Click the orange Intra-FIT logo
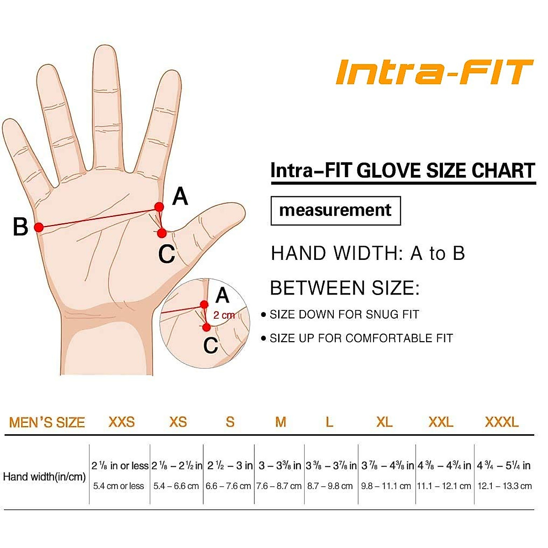click(434, 72)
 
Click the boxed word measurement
click(335, 210)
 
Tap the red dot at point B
click(39, 227)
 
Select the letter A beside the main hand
click(180, 197)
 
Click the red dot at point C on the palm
click(162, 233)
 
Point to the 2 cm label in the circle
click(224, 315)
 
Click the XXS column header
click(121, 422)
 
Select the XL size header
click(384, 422)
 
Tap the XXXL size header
click(501, 422)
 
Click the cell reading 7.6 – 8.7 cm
click(279, 486)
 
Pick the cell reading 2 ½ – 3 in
click(229, 465)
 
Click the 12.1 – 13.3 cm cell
click(504, 486)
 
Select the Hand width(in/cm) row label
click(44, 477)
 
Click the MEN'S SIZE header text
click(47, 422)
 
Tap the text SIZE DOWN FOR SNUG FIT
click(344, 314)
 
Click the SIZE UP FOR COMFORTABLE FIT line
click(361, 338)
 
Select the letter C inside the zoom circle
click(211, 345)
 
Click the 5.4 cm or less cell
click(119, 486)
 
